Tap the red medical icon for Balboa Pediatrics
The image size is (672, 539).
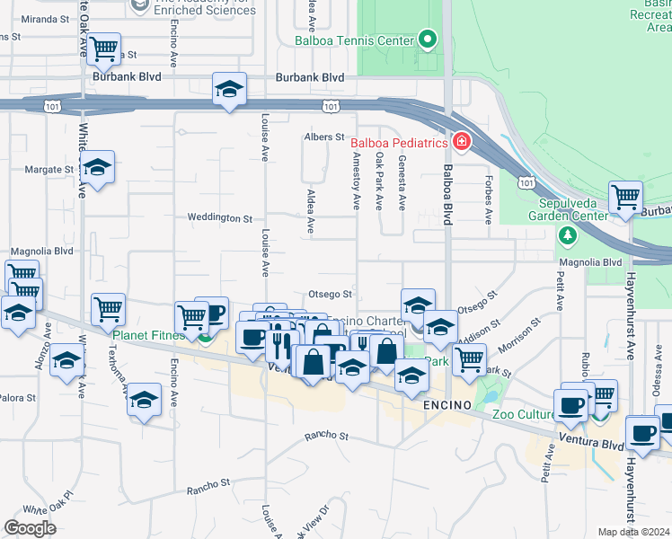pyautogui.click(x=461, y=142)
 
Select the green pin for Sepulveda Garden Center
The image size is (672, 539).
pyautogui.click(x=567, y=235)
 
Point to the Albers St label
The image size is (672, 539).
pyautogui.click(x=324, y=137)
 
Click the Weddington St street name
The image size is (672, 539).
pyautogui.click(x=219, y=218)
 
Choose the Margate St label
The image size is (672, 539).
pyautogui.click(x=49, y=169)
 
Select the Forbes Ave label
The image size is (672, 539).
pyautogui.click(x=489, y=204)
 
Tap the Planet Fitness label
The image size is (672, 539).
pyautogui.click(x=149, y=336)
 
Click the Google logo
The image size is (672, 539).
pyautogui.click(x=30, y=527)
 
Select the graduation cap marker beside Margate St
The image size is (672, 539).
pyautogui.click(x=98, y=168)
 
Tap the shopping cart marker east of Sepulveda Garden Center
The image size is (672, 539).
pyautogui.click(x=625, y=198)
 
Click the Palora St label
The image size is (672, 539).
pyautogui.click(x=17, y=397)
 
